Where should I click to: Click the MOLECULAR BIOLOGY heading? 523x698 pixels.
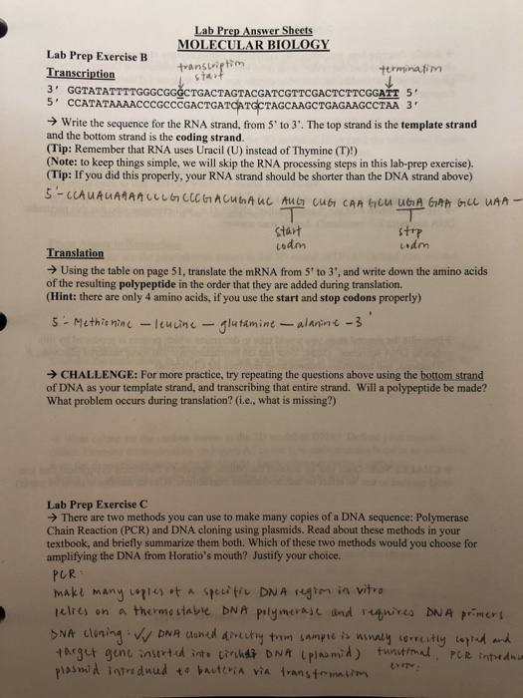[x=252, y=44]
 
